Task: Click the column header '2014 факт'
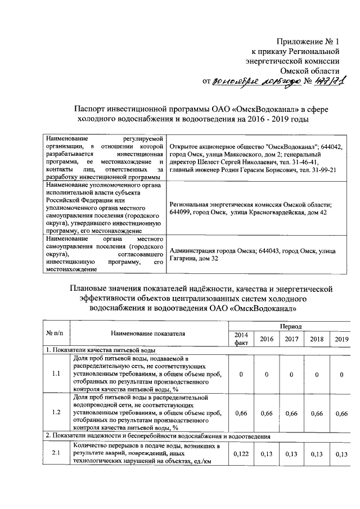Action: tap(242, 339)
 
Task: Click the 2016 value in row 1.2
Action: tap(267, 413)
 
